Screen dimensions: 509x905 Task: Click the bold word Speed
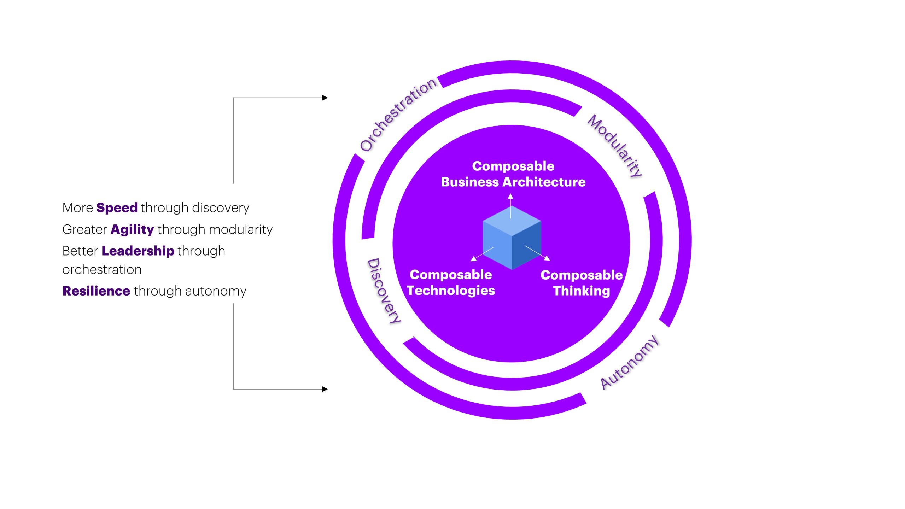click(x=117, y=207)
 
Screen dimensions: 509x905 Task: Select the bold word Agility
click(x=132, y=229)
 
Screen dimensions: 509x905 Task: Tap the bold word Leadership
click(x=138, y=251)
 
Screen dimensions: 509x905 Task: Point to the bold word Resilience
click(x=96, y=291)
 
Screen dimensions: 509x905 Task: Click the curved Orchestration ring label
click(x=398, y=114)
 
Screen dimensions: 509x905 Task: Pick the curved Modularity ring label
click(x=615, y=145)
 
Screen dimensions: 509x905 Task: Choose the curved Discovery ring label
click(x=384, y=291)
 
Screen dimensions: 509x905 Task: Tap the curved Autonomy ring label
click(x=630, y=362)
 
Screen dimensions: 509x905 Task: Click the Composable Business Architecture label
click(x=513, y=174)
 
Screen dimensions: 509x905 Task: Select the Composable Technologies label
click(x=451, y=282)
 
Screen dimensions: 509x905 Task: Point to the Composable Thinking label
click(x=581, y=283)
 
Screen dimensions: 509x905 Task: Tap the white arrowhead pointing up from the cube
click(x=510, y=196)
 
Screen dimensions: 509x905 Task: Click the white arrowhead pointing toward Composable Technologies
click(x=474, y=259)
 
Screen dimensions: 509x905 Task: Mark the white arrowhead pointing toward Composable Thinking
click(x=547, y=258)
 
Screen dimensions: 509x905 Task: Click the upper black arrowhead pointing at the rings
click(x=325, y=98)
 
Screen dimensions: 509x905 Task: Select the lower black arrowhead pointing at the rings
click(x=325, y=389)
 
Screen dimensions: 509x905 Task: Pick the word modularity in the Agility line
click(x=240, y=229)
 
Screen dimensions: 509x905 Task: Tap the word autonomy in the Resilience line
click(x=216, y=291)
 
